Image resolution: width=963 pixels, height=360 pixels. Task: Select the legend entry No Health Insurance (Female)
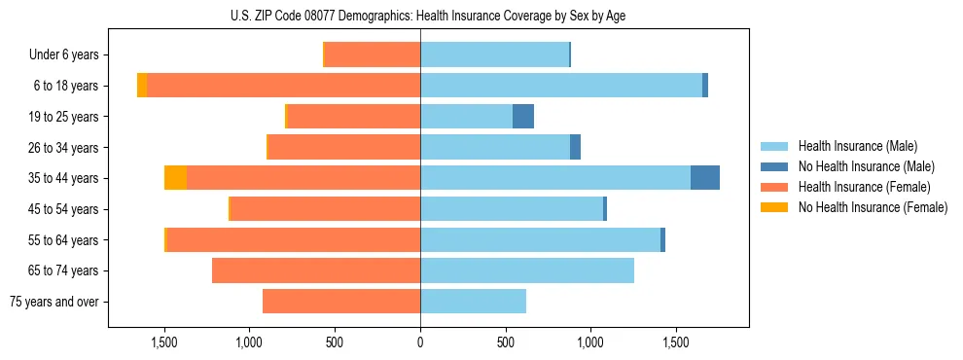(873, 207)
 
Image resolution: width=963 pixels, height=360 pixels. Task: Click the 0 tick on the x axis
(420, 342)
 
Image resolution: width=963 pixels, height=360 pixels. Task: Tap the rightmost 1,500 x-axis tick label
(676, 342)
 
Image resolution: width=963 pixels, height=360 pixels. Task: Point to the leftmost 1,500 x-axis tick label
(163, 342)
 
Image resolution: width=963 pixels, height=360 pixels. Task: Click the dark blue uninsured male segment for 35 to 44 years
(705, 178)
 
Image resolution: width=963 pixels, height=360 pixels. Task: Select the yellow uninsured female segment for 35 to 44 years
(175, 178)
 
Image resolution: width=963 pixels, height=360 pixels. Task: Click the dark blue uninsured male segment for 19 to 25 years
(523, 117)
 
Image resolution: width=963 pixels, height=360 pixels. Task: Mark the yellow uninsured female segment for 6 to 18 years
(142, 86)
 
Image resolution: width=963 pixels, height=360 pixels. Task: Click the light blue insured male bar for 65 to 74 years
(527, 270)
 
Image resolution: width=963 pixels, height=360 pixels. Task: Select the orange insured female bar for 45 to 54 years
(326, 209)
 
